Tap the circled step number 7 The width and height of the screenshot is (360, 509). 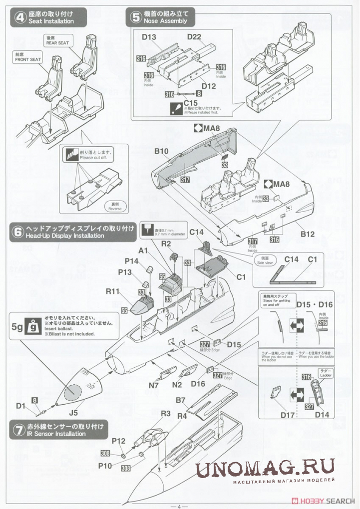[x=18, y=430]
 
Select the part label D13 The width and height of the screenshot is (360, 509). [x=149, y=36]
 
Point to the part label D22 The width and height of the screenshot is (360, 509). [x=195, y=36]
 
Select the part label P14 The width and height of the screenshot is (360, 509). [x=132, y=261]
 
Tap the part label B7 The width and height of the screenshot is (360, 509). [x=181, y=400]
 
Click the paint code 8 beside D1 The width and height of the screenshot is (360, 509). [x=34, y=399]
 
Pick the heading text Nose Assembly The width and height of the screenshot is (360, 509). [x=165, y=21]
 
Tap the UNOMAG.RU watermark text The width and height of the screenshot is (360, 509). [x=265, y=469]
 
